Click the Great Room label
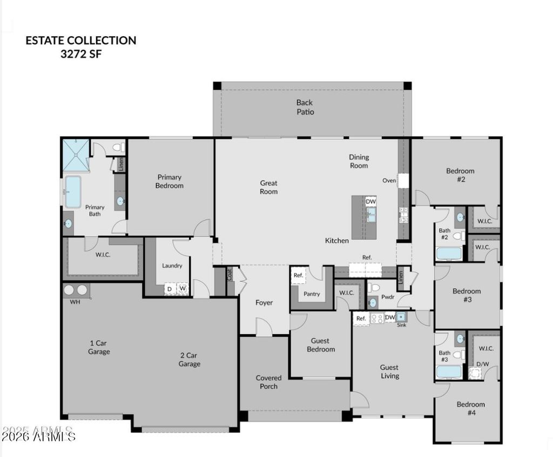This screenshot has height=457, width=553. (x=269, y=187)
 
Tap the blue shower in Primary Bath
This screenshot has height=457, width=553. (x=76, y=155)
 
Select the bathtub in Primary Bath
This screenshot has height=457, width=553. (x=73, y=192)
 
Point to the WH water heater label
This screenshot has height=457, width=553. (x=75, y=302)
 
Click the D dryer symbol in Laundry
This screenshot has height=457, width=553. (x=170, y=289)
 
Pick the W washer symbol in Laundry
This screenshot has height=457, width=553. (x=183, y=289)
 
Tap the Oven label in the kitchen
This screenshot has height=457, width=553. (x=389, y=181)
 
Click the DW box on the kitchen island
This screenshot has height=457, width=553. (x=370, y=201)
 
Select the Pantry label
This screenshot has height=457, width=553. (x=312, y=294)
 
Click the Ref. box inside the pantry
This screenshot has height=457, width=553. (x=298, y=275)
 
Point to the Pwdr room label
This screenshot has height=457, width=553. (x=388, y=297)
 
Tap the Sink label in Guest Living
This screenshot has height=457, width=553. (x=402, y=325)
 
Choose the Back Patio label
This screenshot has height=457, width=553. (x=305, y=107)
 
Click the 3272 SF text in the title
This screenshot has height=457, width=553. (x=81, y=54)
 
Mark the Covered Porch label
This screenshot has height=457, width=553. (x=269, y=382)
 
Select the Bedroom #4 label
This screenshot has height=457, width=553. (x=471, y=408)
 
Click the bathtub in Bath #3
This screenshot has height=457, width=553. (x=449, y=372)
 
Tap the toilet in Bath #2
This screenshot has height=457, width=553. (x=459, y=236)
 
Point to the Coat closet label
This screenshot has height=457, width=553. (x=230, y=275)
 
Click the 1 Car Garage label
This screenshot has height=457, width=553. (x=99, y=347)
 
